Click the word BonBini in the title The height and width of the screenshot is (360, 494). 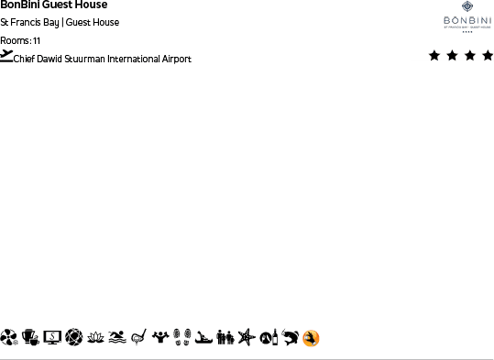coord(17,5)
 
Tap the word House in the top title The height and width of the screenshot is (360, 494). coord(91,5)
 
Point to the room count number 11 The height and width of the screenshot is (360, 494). coord(37,40)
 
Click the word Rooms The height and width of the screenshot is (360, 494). coord(15,40)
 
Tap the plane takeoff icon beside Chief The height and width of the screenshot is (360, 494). coord(7,56)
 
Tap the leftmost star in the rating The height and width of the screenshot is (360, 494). coord(434,56)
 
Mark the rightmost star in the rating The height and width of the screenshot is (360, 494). coord(487,56)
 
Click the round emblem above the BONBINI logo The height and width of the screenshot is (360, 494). coord(467,6)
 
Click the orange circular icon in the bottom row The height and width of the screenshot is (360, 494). coord(312,338)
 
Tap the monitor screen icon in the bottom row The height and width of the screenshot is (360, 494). coord(52,338)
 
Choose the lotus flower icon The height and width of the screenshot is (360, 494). coord(96,338)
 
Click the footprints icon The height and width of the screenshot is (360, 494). coord(181,338)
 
